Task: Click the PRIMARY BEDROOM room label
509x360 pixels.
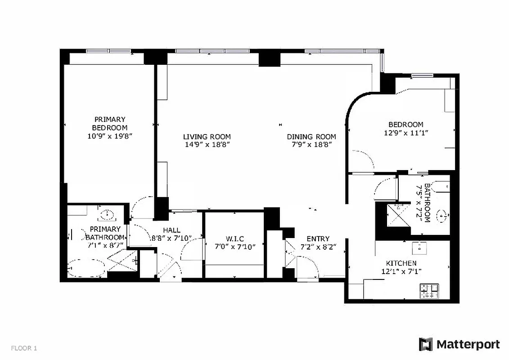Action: pos(110,123)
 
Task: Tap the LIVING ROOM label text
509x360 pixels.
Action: pos(207,137)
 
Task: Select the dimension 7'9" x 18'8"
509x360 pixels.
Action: pos(311,145)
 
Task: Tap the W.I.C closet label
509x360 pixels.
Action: pos(235,238)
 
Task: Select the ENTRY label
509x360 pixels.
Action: pos(318,238)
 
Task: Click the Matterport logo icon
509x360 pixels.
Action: pos(425,344)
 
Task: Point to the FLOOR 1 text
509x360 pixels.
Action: pos(24,348)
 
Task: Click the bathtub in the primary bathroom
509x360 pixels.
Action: pos(86,268)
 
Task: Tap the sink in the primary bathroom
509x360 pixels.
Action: pos(107,214)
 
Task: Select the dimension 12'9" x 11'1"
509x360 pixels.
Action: pos(405,133)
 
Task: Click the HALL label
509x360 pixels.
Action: pos(171,230)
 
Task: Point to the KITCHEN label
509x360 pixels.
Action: pos(401,263)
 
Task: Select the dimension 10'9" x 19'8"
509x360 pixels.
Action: pos(110,135)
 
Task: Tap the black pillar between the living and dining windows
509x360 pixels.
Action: pos(269,58)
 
